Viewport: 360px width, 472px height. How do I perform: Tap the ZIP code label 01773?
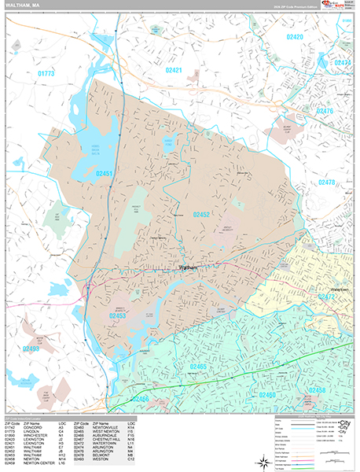46,74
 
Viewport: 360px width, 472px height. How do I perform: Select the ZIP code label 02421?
174,71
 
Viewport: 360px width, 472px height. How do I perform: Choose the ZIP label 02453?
118,315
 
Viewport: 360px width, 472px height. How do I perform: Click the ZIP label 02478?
327,182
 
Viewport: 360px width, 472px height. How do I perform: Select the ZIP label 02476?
325,111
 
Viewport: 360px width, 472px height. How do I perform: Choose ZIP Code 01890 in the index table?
13,437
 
